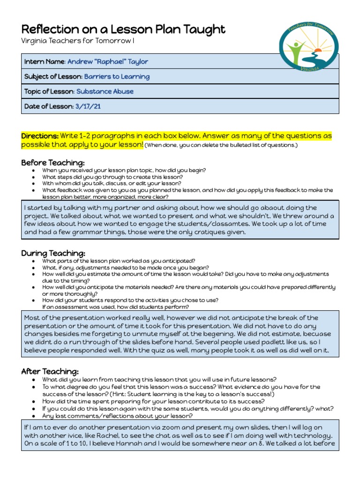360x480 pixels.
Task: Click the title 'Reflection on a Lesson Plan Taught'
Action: coord(123,30)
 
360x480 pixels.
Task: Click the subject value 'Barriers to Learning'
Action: coord(117,76)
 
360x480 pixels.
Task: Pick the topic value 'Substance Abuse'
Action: coord(105,91)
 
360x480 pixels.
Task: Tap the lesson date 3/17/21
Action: coord(88,106)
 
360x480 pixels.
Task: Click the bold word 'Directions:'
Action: coord(40,136)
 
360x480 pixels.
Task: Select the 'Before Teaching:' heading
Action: coord(52,163)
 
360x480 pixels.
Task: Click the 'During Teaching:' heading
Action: coord(53,253)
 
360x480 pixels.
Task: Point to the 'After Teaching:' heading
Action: coord(50,371)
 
